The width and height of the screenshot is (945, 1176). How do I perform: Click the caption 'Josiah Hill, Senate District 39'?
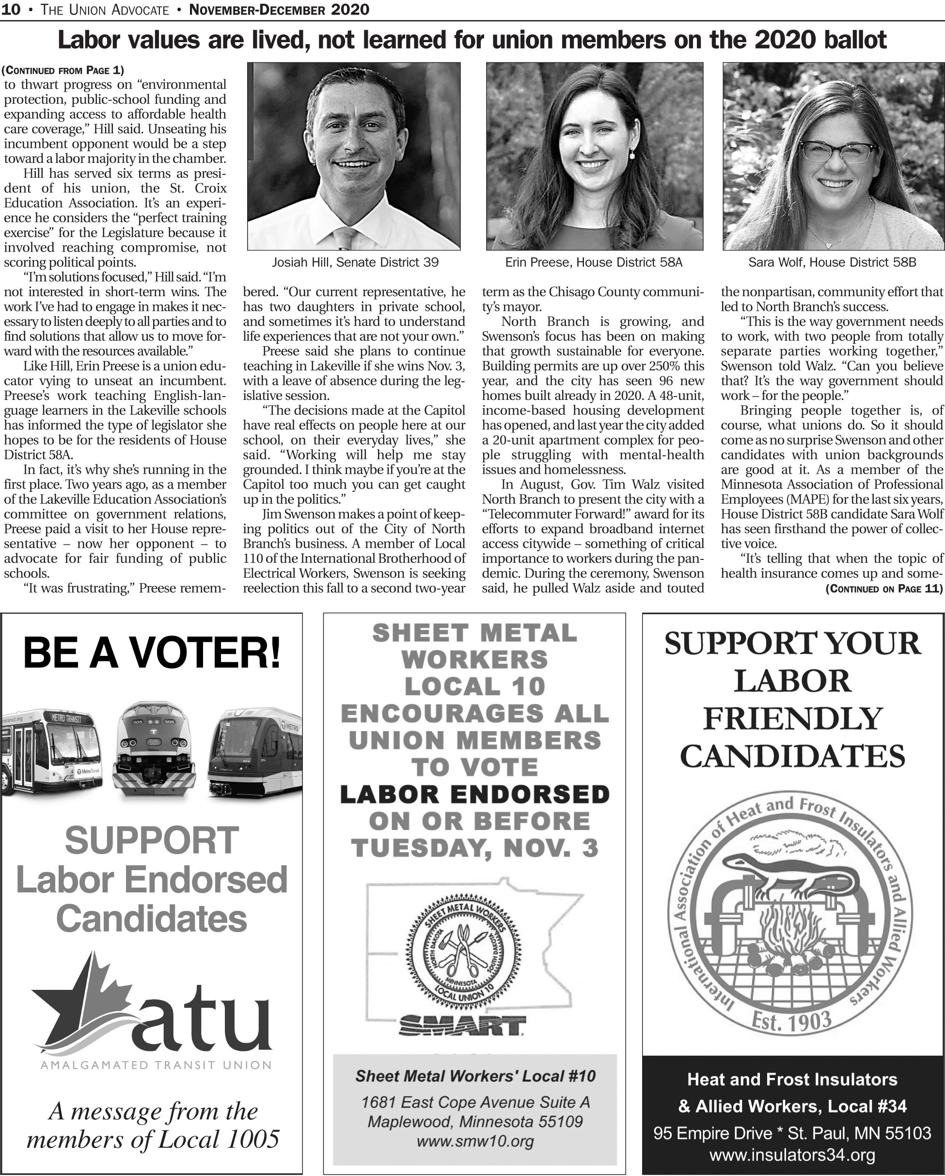[x=355, y=262]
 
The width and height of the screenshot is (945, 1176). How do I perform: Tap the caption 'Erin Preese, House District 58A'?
[x=594, y=262]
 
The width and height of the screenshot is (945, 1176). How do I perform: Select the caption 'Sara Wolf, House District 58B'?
[x=832, y=262]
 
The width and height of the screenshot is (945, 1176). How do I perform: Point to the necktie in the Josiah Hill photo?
[x=345, y=238]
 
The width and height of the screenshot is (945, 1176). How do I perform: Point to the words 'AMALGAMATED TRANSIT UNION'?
[x=156, y=1064]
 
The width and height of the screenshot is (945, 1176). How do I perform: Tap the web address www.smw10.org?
[x=475, y=1141]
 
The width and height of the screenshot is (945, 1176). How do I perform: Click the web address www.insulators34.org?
[x=792, y=1155]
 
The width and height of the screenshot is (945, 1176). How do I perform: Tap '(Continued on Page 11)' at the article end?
[x=884, y=588]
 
